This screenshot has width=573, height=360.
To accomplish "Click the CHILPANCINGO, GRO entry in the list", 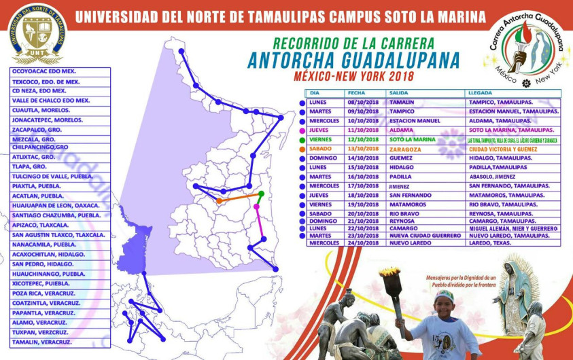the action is tap(40, 147).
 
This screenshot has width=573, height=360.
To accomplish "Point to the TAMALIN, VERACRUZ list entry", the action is tap(42, 342).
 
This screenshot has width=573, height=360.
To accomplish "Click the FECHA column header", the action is tap(357, 93).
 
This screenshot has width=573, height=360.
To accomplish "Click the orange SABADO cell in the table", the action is tap(322, 149).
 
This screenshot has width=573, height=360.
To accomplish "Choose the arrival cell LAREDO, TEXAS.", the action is tap(490, 242).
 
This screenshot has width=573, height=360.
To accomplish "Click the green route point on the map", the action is tap(261, 194).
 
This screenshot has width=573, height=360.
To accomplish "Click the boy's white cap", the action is tap(444, 296).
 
